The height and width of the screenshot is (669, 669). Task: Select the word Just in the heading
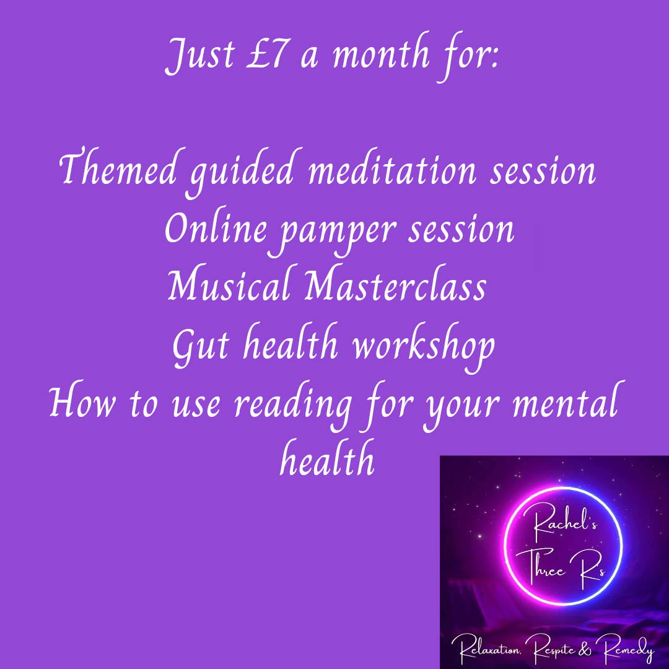[x=200, y=56]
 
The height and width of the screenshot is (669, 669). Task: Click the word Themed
[x=118, y=168]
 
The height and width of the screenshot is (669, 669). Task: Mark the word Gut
[x=201, y=346]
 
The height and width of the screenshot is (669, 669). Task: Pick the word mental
[x=566, y=400]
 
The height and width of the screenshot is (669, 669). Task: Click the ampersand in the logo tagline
[x=585, y=649]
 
